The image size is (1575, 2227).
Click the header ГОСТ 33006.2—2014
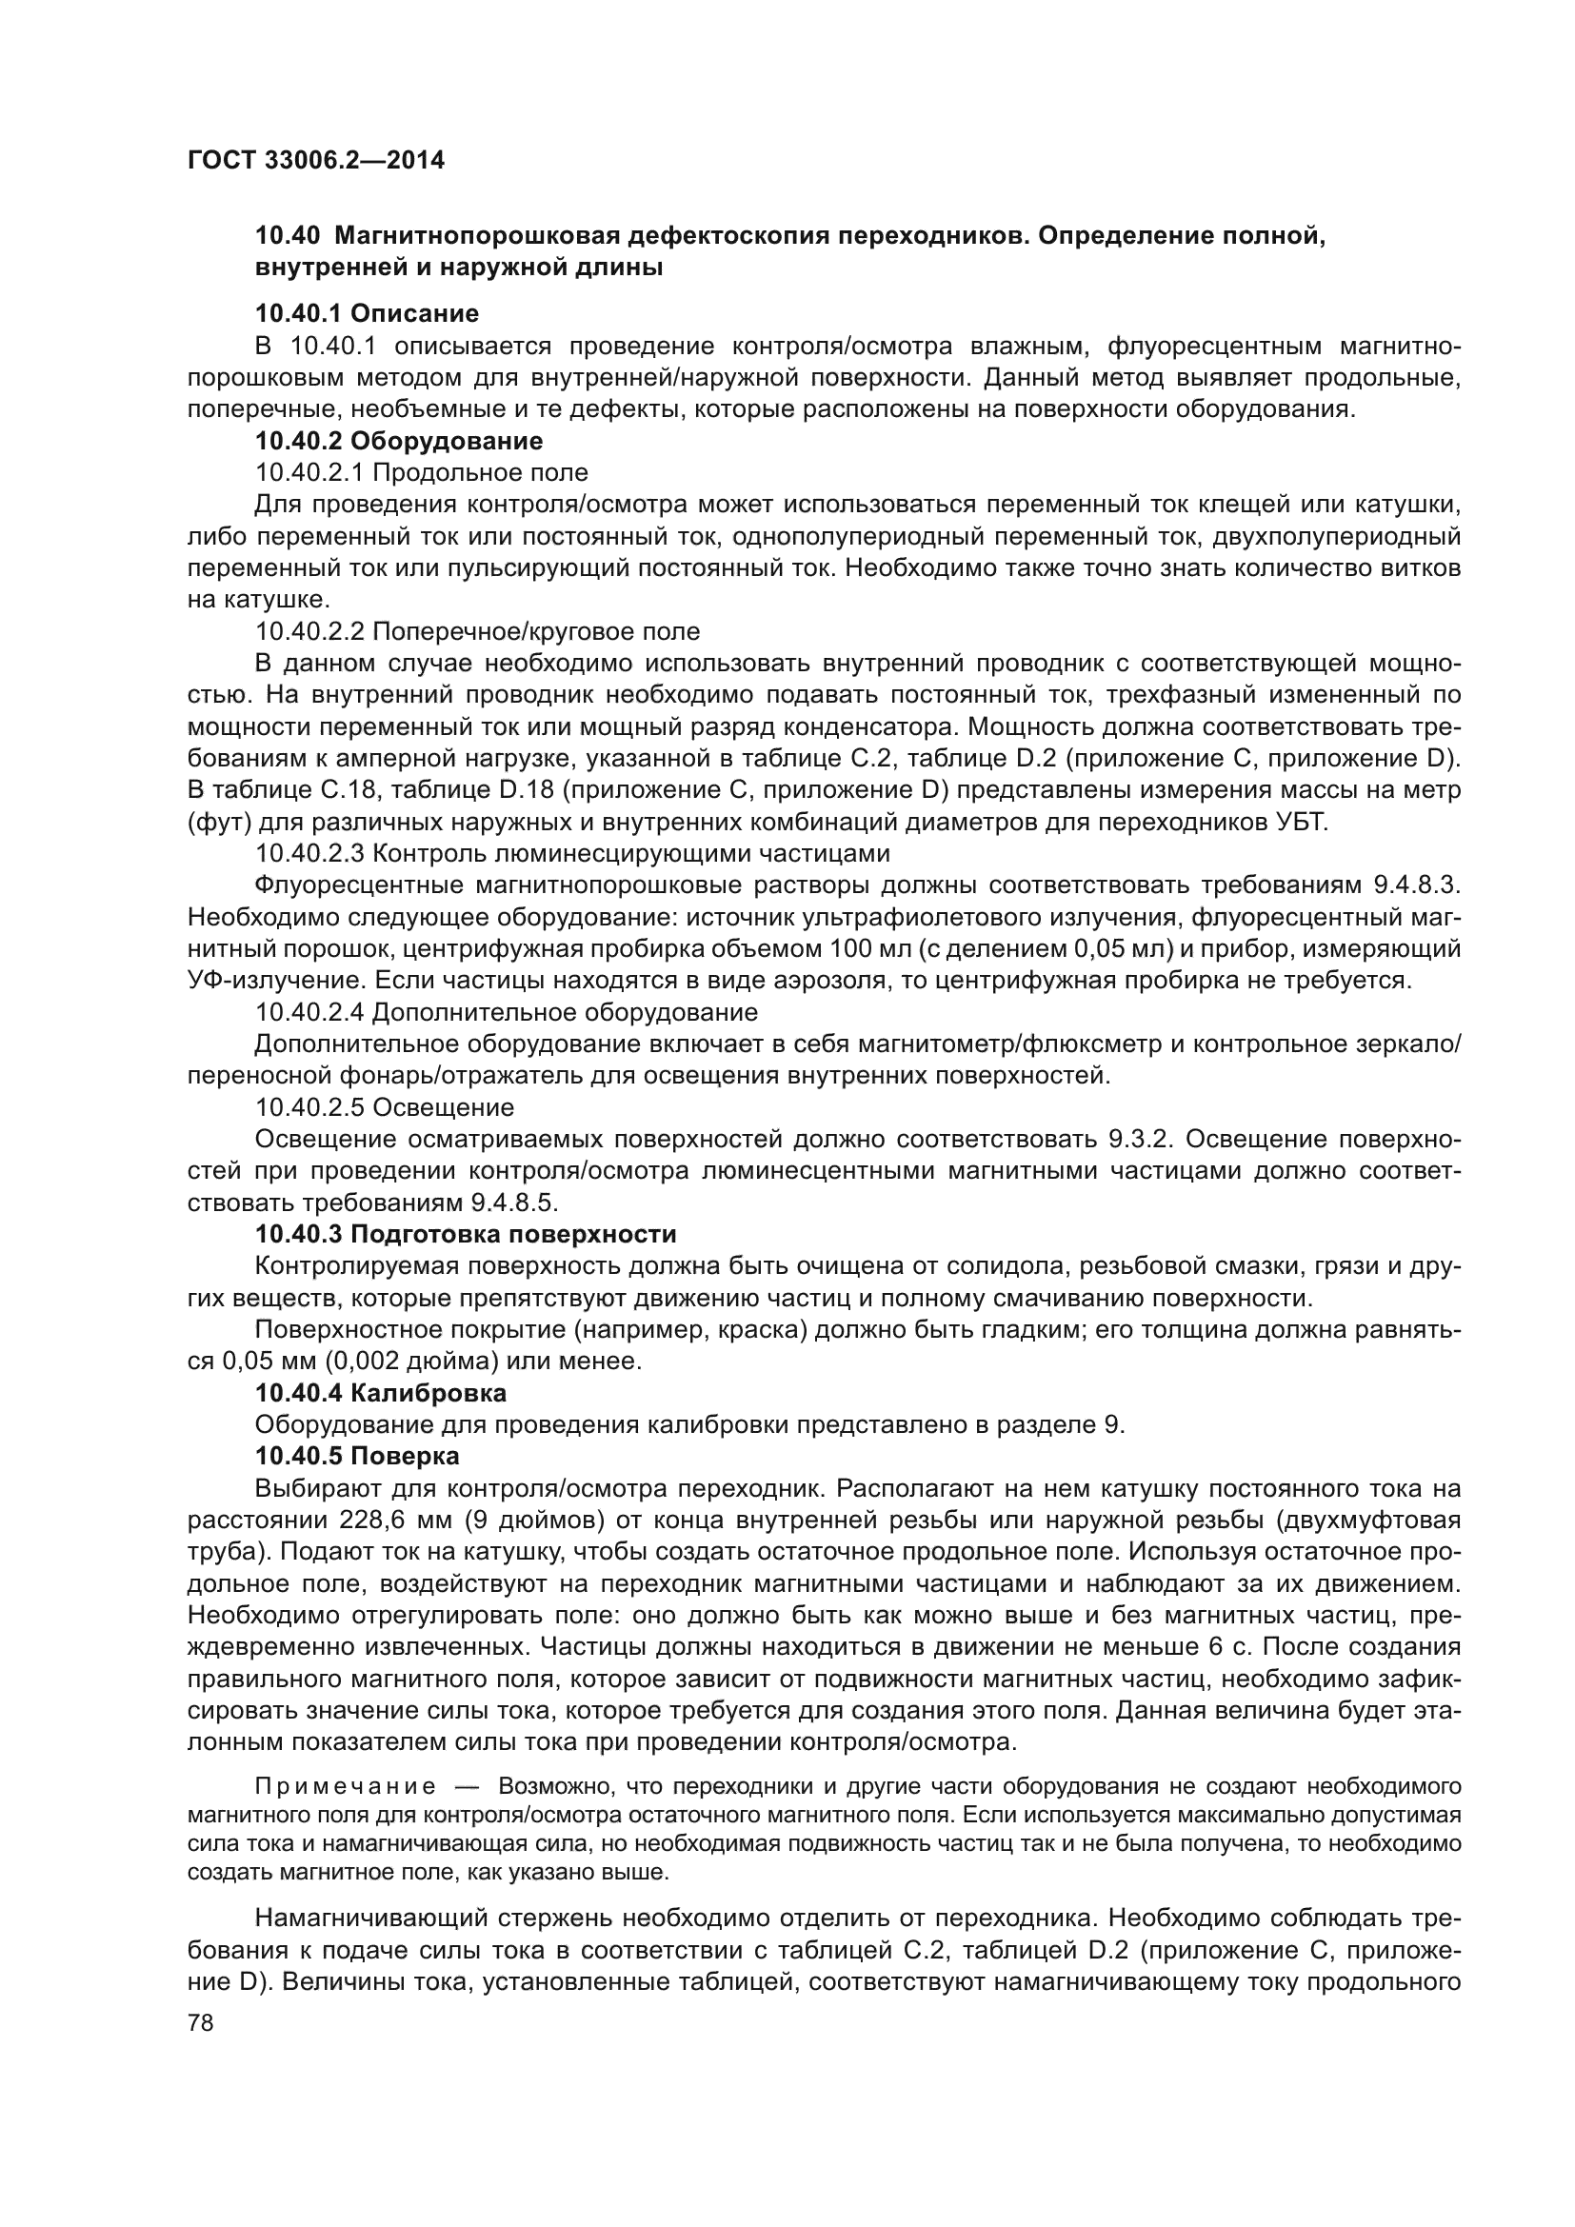315,161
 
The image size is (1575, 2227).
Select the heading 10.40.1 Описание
367,313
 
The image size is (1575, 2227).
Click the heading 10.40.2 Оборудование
399,441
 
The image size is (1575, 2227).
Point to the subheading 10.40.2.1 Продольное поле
421,472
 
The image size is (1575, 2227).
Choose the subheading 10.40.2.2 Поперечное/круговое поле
477,631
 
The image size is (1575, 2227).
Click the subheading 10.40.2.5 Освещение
384,1106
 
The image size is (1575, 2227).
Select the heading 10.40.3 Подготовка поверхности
466,1234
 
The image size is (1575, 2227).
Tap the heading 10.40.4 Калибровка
380,1393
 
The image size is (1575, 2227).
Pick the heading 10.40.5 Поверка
357,1456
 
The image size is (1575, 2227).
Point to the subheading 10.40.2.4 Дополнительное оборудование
507,1012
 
